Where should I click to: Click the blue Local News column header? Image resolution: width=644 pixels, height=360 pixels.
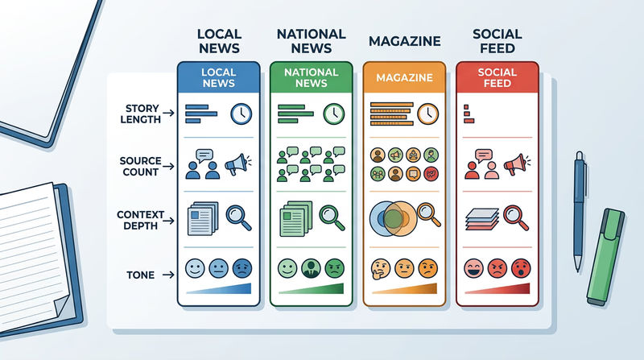tap(218, 77)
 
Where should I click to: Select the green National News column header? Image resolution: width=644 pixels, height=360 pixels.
tap(312, 77)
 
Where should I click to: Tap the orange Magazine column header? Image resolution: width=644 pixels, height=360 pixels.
tap(404, 77)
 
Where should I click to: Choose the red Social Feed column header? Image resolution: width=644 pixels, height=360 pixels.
tap(497, 77)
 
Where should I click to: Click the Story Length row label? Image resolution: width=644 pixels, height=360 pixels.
tap(140, 114)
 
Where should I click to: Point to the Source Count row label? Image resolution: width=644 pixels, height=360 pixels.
tap(140, 166)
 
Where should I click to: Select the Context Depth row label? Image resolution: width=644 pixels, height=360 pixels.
tap(140, 221)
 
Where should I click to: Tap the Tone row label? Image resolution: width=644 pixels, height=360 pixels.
tap(140, 275)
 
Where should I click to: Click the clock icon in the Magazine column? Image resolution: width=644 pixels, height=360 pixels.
tap(428, 114)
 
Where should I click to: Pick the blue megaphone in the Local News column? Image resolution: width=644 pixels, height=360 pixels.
tap(237, 164)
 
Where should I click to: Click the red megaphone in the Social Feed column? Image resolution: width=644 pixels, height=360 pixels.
tap(517, 164)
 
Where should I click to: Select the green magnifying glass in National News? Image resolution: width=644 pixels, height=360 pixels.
tap(332, 217)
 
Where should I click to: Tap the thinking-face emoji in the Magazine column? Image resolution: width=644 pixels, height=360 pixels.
tap(380, 269)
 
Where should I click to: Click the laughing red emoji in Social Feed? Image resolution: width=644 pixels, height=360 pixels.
tap(473, 268)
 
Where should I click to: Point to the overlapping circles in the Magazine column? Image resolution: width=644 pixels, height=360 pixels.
tap(393, 218)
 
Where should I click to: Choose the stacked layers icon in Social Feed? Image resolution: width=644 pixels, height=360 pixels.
tap(482, 219)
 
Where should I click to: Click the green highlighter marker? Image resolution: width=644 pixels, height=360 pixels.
tap(605, 257)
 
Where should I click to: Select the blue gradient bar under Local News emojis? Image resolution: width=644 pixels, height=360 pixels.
tap(218, 288)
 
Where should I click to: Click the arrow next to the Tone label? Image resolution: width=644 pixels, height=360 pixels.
tap(168, 275)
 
